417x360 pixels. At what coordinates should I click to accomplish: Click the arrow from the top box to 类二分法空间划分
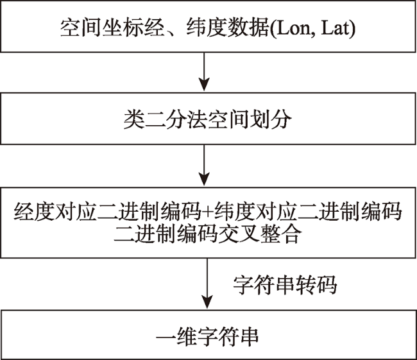click(204, 71)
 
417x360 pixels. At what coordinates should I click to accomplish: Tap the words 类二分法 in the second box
click(166, 120)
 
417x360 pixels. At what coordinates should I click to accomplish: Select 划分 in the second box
click(271, 120)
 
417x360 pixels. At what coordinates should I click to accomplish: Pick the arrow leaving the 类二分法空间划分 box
click(204, 165)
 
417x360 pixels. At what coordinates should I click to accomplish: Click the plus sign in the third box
click(208, 212)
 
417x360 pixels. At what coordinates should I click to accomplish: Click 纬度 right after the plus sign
click(234, 212)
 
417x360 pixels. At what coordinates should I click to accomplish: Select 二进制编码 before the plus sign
click(149, 212)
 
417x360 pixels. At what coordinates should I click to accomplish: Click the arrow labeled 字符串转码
click(207, 283)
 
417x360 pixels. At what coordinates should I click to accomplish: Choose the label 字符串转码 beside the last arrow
click(285, 285)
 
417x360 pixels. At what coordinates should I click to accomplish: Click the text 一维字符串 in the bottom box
click(207, 337)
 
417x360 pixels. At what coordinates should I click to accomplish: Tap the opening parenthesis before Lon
click(273, 28)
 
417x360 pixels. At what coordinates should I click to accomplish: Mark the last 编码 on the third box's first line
click(381, 212)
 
